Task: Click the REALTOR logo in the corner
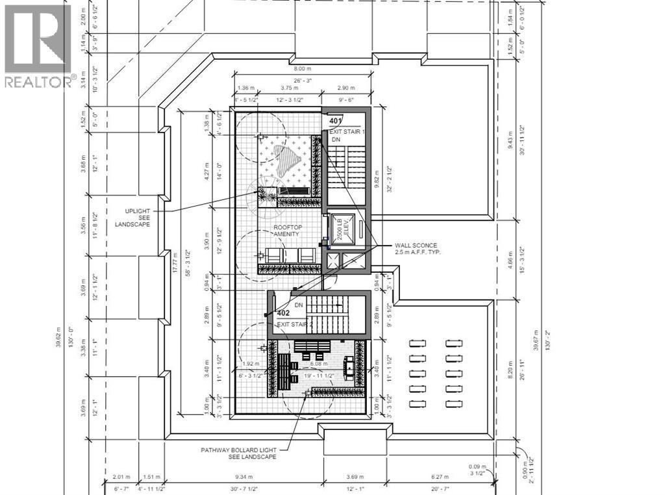tap(38, 45)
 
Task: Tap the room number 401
tap(335, 121)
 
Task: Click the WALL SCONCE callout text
tap(418, 248)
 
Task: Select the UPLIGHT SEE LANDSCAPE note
tap(132, 218)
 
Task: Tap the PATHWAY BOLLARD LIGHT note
tap(238, 453)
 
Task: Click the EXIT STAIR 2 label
tap(295, 324)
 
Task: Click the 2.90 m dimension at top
tap(346, 88)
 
